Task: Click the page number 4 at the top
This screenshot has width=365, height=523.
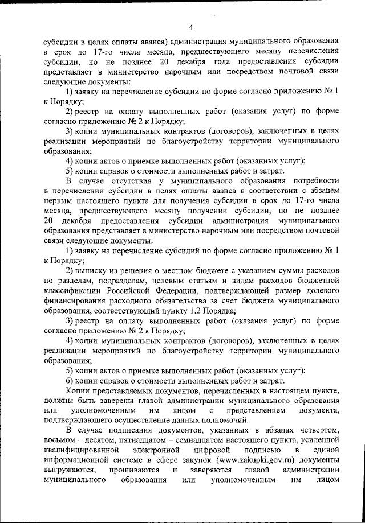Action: click(x=191, y=26)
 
